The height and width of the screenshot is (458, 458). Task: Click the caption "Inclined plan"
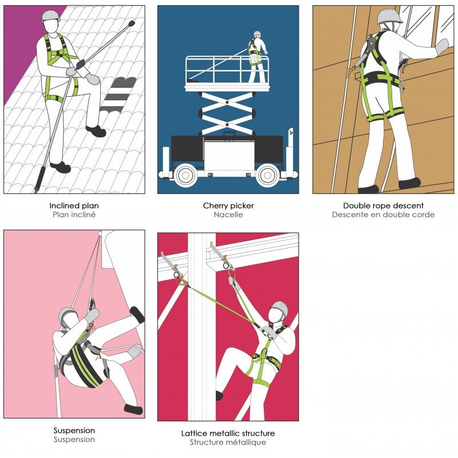pos(74,206)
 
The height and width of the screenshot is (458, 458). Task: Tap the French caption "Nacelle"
pos(228,215)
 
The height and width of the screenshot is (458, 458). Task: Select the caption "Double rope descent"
pos(383,206)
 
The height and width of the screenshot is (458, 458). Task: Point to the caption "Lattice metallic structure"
pos(228,433)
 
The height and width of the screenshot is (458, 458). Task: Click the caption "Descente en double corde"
pos(383,215)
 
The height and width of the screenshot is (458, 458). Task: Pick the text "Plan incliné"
pos(74,215)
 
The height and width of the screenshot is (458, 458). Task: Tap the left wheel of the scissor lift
pos(185,175)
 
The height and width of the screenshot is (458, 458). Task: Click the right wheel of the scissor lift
pos(267,175)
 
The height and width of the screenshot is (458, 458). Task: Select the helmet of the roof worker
pos(50,17)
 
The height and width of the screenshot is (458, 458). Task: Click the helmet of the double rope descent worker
pos(389,17)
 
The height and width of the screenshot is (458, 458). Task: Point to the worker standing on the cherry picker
pos(257,57)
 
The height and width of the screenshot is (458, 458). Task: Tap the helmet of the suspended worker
pos(68,315)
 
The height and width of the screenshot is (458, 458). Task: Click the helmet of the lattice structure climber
pos(279,309)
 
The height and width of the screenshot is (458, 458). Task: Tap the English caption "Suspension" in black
pos(74,431)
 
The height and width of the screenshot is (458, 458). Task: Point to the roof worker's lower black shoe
pos(61,167)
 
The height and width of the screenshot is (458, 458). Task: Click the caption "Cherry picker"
pos(228,206)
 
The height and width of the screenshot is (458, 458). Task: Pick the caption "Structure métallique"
pos(228,442)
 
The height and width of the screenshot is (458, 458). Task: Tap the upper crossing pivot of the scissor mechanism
pos(227,102)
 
